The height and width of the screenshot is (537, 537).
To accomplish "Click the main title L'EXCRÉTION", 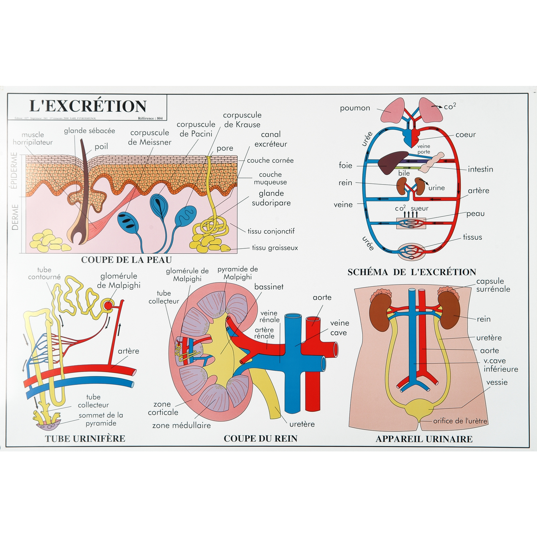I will click(88, 106).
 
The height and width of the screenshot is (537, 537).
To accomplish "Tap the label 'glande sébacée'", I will click(90, 131).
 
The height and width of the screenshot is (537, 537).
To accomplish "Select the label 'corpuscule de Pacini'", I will click(196, 129).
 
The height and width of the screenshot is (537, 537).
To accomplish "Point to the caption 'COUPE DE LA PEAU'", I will click(127, 260).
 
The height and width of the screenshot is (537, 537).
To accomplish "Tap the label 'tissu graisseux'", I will click(275, 248).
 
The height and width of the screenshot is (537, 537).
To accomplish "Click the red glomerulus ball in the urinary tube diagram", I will click(108, 305).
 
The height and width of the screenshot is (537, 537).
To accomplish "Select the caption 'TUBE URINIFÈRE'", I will click(85, 439).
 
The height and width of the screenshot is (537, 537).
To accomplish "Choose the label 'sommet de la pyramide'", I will click(101, 419).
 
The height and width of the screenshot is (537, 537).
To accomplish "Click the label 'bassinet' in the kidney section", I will click(269, 287).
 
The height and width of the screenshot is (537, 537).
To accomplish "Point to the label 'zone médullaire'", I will click(182, 426).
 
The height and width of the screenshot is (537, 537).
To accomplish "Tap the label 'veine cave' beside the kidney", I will click(339, 328).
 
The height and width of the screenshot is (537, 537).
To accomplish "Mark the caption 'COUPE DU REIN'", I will click(260, 439).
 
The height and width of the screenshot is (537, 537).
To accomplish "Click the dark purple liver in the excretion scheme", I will click(392, 162).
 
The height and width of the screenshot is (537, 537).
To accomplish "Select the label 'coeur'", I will click(466, 135).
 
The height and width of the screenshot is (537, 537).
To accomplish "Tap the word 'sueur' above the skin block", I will click(420, 208).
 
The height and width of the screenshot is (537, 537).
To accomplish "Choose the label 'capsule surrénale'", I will click(493, 285).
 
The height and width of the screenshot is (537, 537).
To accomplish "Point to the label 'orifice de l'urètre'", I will click(460, 421).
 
